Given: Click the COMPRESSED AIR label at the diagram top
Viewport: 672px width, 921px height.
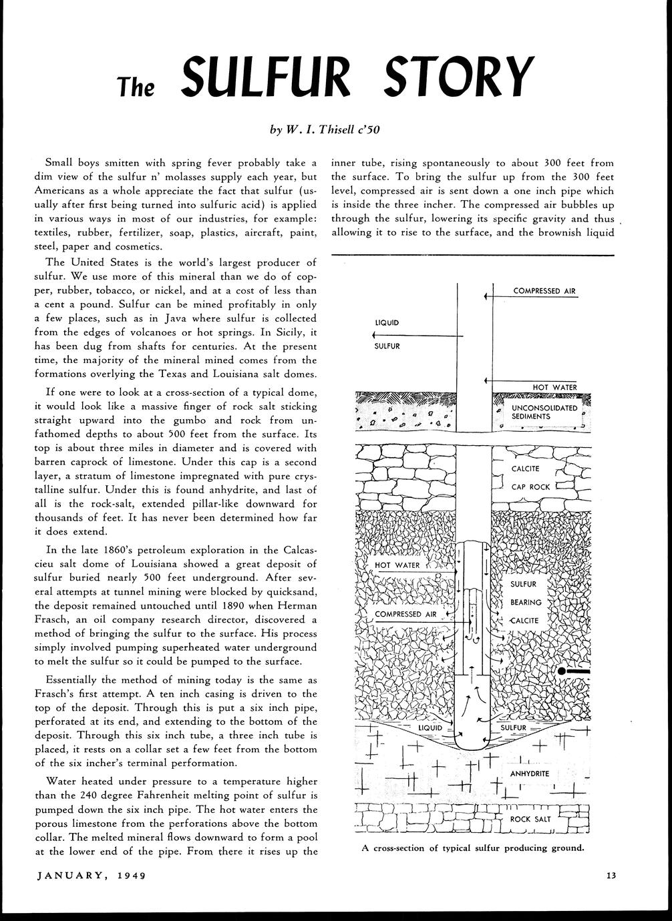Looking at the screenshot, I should pyautogui.click(x=544, y=291).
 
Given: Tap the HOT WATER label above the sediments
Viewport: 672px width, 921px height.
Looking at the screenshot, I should pyautogui.click(x=554, y=387).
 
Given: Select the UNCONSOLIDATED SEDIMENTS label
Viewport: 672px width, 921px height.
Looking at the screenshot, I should pyautogui.click(x=544, y=412).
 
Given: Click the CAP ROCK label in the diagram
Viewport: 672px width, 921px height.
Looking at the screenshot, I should pyautogui.click(x=530, y=487).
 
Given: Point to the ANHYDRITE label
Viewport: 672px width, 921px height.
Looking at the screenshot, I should pyautogui.click(x=529, y=774).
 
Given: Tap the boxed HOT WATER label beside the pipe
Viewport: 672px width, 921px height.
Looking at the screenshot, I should pyautogui.click(x=397, y=565).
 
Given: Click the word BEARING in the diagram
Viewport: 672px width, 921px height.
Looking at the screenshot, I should pyautogui.click(x=526, y=602).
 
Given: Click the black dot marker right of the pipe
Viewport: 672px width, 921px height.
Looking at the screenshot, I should pyautogui.click(x=562, y=669).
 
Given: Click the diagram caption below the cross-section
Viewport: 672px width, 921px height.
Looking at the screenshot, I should pyautogui.click(x=473, y=848).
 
